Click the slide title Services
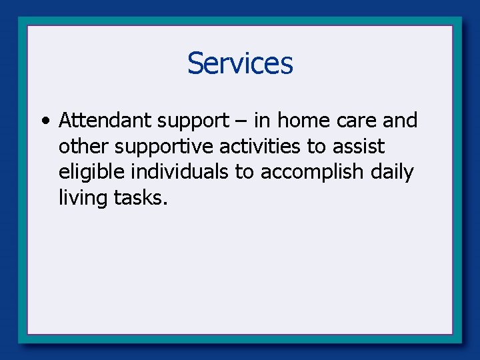click(x=240, y=64)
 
